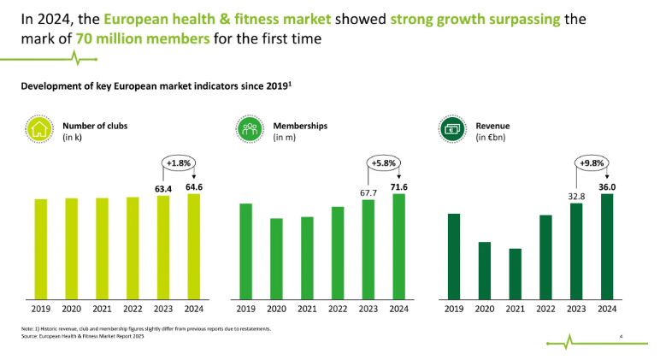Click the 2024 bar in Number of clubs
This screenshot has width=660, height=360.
[193, 246]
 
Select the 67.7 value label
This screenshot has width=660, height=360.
[368, 192]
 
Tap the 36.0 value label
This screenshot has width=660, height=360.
[607, 186]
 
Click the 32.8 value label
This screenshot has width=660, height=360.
[576, 196]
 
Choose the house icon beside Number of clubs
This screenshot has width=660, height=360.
[39, 130]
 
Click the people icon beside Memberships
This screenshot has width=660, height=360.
[249, 130]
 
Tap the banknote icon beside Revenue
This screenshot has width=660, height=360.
[452, 130]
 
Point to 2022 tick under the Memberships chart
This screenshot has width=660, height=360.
[338, 309]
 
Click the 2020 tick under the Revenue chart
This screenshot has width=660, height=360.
[484, 309]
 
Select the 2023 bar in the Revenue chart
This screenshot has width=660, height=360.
[576, 251]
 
